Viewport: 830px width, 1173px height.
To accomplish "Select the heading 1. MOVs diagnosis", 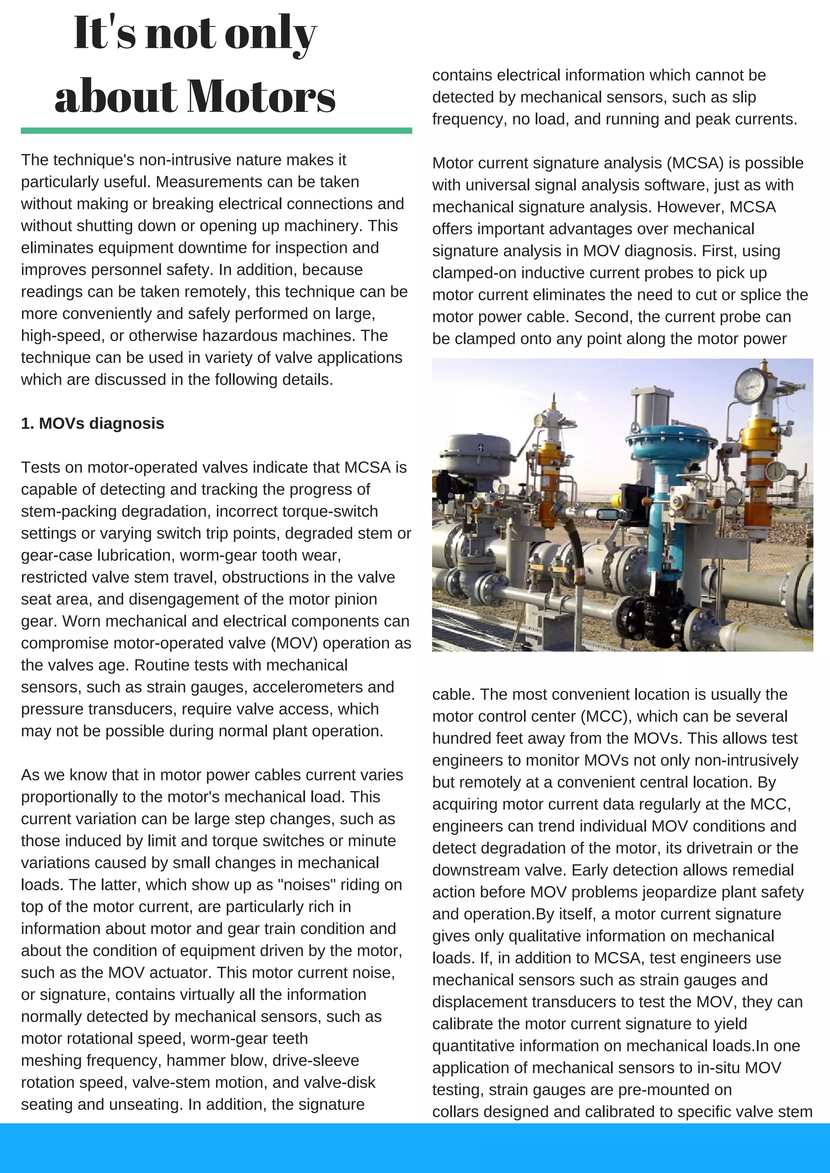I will point(92,424).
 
